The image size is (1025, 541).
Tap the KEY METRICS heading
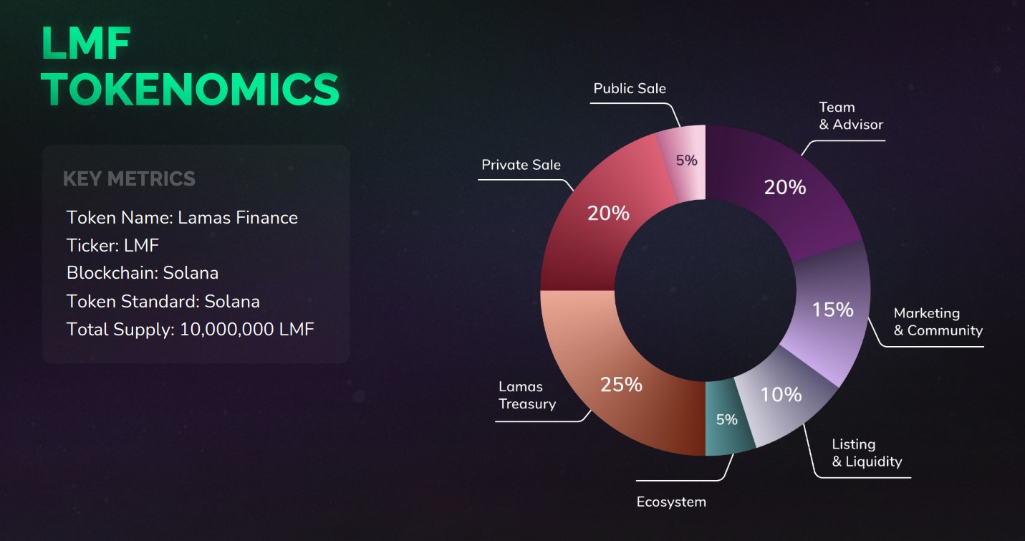(x=129, y=178)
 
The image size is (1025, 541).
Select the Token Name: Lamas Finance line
(x=182, y=217)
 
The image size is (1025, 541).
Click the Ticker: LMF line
(x=112, y=245)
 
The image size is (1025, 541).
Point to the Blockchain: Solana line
(x=143, y=273)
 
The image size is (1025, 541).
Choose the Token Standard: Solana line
(x=163, y=301)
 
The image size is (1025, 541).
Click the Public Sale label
(x=630, y=88)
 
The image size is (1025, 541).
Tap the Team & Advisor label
(x=851, y=115)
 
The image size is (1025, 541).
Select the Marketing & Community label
(x=938, y=322)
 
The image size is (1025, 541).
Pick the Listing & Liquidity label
(x=867, y=453)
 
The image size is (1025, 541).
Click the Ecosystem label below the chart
(x=671, y=502)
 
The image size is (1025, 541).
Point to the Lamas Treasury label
(x=527, y=396)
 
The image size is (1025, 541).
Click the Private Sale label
(x=521, y=165)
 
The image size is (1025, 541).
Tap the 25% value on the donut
(x=621, y=385)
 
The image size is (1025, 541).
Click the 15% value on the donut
(x=832, y=310)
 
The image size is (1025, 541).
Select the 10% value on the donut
(x=781, y=394)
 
